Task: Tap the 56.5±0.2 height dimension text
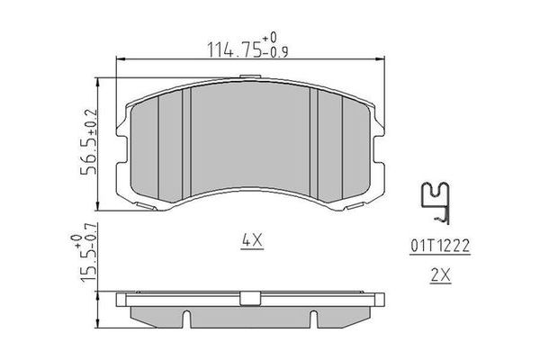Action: pyautogui.click(x=89, y=142)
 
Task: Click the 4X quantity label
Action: pyautogui.click(x=252, y=240)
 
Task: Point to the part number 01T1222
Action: pyautogui.click(x=440, y=246)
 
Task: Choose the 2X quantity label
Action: pyautogui.click(x=440, y=274)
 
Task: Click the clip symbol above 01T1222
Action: pyautogui.click(x=436, y=202)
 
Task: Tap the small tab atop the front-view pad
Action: pyautogui.click(x=250, y=76)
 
